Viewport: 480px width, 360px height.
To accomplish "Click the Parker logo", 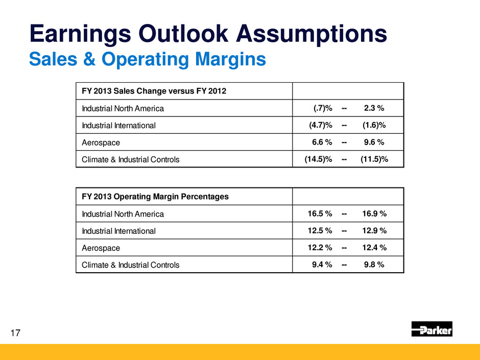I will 431,329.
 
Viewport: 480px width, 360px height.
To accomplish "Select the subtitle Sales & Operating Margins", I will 148,59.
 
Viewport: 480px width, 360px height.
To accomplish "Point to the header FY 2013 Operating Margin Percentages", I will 155,197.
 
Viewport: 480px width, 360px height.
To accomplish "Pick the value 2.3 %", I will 374,108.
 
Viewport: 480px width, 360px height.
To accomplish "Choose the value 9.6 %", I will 374,142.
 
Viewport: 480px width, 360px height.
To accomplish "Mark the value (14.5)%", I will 319,159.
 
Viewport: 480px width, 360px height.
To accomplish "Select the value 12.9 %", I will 374,231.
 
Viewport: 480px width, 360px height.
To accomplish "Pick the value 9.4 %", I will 322,265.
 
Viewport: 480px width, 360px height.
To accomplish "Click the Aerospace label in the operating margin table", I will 101,248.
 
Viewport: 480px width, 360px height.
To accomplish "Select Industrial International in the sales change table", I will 118,125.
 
